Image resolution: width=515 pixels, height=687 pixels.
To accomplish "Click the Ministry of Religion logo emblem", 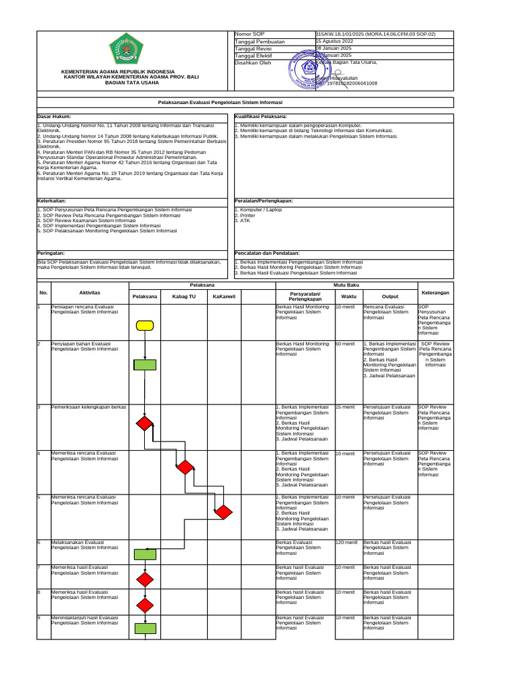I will tap(125, 51).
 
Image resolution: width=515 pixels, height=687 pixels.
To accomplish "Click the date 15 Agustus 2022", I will tap(335, 42).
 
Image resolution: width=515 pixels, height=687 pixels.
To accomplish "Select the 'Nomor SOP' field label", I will tap(249, 34).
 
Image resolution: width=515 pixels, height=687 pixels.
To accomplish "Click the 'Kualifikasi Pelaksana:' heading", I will tap(261, 117).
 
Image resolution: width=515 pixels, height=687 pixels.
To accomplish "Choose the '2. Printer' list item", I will tap(245, 215).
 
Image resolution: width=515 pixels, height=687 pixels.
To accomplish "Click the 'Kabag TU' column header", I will tap(184, 296).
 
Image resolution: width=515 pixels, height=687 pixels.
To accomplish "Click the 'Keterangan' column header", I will tap(435, 293).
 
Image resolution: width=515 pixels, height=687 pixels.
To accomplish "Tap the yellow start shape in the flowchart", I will tap(145, 325).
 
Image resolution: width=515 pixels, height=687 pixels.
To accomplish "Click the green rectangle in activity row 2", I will tap(145, 365).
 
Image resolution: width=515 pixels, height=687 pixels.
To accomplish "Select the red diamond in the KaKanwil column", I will tap(223, 512).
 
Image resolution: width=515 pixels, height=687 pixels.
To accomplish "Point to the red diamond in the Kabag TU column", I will tap(184, 467).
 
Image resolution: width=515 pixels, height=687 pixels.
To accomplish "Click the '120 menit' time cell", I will tap(346, 542).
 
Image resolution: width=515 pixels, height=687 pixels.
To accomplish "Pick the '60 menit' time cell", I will tap(345, 344).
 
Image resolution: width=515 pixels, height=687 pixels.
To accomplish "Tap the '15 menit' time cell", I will tap(345, 407).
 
